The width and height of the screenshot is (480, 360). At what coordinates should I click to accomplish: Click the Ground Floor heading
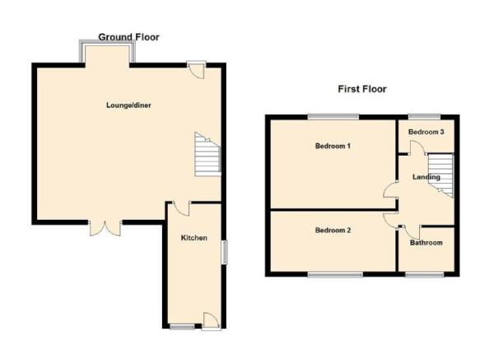tap(129, 37)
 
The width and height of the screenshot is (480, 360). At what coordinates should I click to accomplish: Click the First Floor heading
tap(362, 89)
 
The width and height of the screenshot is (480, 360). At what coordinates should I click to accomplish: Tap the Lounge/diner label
tap(128, 105)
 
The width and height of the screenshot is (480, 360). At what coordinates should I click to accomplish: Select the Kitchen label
tap(194, 238)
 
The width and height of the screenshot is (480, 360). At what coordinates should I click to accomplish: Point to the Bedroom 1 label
tap(333, 146)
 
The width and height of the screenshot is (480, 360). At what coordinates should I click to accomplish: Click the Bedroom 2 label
tap(333, 230)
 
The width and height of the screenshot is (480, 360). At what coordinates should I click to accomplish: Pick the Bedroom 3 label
tap(426, 132)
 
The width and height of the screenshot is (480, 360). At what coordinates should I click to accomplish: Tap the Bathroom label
tap(426, 243)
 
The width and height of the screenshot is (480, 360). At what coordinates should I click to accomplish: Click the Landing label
tap(426, 177)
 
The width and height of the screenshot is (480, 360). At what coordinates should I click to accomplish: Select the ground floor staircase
tap(207, 154)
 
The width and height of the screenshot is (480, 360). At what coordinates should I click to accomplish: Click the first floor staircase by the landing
tap(440, 175)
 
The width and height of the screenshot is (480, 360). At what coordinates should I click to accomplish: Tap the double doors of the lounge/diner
tap(105, 228)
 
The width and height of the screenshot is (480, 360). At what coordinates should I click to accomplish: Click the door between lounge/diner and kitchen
tap(182, 208)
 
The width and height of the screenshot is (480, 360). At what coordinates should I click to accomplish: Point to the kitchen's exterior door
tap(211, 320)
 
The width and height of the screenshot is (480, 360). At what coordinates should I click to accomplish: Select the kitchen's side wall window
tap(225, 252)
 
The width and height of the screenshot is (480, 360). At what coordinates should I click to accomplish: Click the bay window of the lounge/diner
tap(107, 51)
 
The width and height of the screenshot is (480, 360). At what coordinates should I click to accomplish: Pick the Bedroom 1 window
tap(333, 116)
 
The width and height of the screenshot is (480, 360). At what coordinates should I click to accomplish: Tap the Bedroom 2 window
tap(336, 274)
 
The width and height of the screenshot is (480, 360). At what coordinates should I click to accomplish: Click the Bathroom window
tap(425, 274)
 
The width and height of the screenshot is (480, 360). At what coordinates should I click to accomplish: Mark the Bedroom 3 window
tap(424, 116)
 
